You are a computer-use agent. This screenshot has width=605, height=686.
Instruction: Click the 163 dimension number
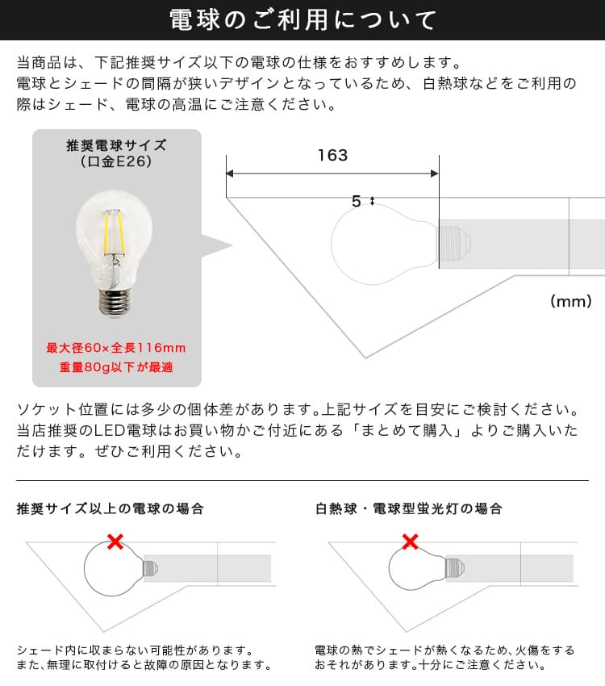(x=332, y=155)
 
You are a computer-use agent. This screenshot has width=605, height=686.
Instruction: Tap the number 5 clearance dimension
(x=357, y=201)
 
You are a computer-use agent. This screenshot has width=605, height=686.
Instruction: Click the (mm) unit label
(x=571, y=301)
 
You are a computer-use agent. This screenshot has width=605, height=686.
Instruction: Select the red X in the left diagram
(x=115, y=542)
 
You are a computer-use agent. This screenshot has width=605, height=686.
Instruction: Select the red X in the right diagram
(x=410, y=542)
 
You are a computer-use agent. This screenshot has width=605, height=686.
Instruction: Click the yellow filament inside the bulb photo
(x=113, y=232)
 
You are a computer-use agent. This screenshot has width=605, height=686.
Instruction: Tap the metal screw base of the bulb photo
(x=114, y=302)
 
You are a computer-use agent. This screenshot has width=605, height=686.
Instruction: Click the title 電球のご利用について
(x=302, y=20)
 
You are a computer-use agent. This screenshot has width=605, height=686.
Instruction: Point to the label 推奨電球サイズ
(x=116, y=145)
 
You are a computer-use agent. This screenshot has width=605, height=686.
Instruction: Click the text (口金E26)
(x=116, y=161)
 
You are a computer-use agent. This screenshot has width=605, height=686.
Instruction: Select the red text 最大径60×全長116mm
(x=116, y=348)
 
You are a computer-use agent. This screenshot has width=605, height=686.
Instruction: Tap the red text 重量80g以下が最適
(x=116, y=367)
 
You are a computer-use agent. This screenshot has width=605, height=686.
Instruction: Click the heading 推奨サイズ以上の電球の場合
(x=111, y=508)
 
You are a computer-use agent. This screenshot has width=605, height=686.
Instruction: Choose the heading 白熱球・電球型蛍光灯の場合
(x=409, y=508)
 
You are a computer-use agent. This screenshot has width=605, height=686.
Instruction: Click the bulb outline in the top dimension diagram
(x=332, y=245)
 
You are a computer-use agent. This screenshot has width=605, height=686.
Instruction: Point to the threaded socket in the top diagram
(x=454, y=244)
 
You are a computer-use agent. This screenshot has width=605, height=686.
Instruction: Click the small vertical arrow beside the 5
(x=373, y=201)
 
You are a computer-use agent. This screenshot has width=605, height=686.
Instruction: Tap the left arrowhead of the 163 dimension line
(x=230, y=174)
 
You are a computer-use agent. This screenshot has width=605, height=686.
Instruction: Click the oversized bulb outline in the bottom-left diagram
(x=85, y=569)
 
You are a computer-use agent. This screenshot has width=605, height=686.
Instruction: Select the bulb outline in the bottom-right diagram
(x=389, y=569)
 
